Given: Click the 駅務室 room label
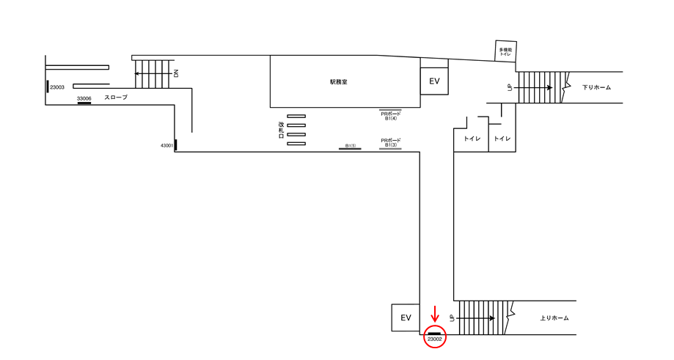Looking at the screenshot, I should (338, 82).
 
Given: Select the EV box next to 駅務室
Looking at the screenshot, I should (434, 81).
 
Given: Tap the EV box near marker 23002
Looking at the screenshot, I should (406, 317).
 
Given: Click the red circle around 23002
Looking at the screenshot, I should (435, 337).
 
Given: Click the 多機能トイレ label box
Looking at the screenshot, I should (506, 51).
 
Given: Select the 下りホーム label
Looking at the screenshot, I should (596, 87).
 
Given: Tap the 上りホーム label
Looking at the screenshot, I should (554, 318).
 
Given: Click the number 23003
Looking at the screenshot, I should (57, 87).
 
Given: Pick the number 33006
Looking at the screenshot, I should (84, 98).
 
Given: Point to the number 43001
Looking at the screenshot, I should (166, 146).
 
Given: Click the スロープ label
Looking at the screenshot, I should (116, 97).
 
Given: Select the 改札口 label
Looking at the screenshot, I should (281, 131).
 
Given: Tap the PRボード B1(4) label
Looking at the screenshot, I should (390, 116).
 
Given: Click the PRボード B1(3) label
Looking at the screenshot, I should (390, 143).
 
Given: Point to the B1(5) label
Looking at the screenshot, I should (351, 146).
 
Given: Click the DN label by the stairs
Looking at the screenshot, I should (176, 73).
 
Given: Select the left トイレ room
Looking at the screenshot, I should (471, 139).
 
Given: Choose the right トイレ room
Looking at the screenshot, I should (502, 139).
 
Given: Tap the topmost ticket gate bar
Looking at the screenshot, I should (296, 116).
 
